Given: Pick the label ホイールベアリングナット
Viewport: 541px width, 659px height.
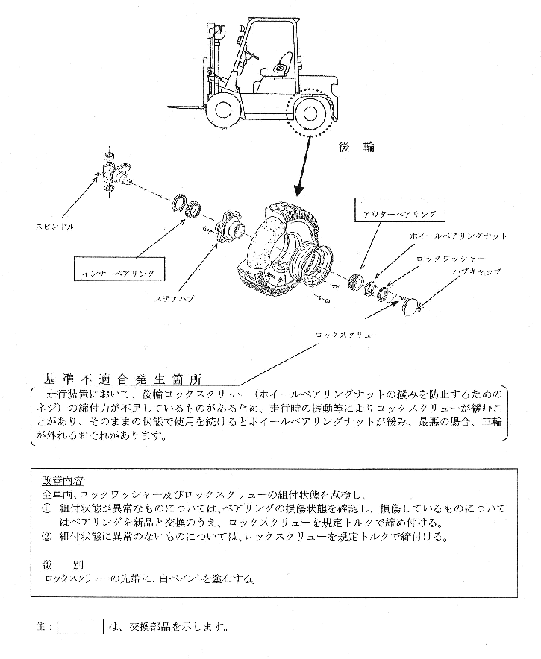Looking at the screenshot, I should (458, 236).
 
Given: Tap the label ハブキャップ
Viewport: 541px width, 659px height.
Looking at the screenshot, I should (478, 271).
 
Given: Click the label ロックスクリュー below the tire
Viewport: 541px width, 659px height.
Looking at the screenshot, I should (348, 335).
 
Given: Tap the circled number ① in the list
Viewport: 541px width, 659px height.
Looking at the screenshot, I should (46, 508).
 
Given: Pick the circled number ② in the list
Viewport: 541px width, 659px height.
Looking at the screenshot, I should (46, 536).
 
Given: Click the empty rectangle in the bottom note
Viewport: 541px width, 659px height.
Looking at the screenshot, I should (80, 626).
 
